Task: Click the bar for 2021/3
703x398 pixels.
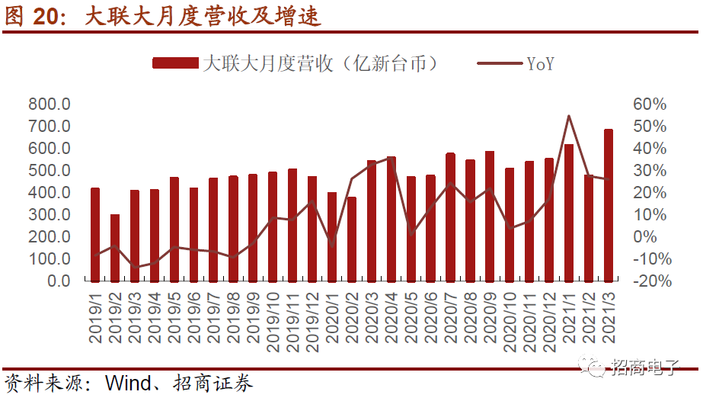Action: [x=609, y=205]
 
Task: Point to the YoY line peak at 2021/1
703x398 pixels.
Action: [x=569, y=116]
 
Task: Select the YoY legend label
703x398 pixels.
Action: [x=540, y=64]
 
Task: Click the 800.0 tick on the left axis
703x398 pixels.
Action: [x=50, y=104]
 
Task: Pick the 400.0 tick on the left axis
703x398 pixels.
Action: [x=50, y=193]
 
